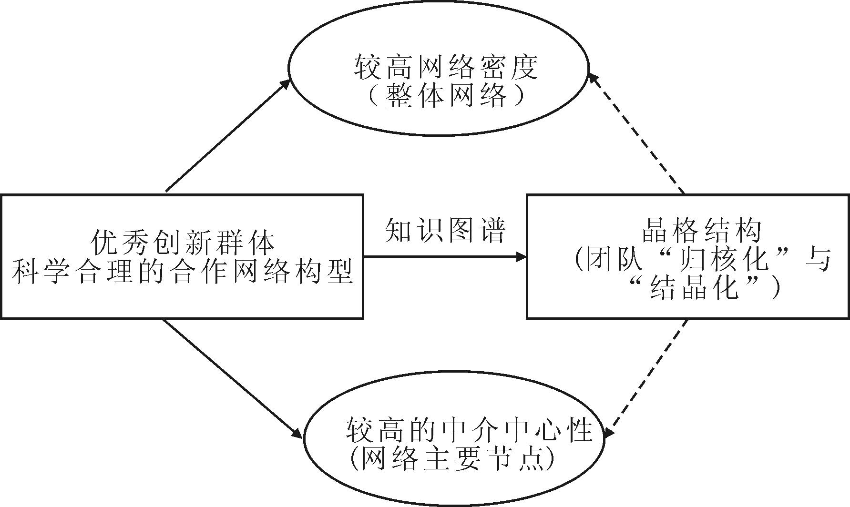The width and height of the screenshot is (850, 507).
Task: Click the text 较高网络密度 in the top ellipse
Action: click(x=446, y=68)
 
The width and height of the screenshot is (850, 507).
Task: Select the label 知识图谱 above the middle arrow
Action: click(x=445, y=231)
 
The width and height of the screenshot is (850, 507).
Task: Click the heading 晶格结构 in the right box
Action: click(x=701, y=232)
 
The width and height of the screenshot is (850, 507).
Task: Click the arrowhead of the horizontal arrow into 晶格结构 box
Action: click(x=522, y=257)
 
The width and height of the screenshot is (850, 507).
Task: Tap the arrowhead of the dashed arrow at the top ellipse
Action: click(x=593, y=79)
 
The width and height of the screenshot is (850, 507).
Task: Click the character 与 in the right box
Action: click(x=819, y=260)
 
